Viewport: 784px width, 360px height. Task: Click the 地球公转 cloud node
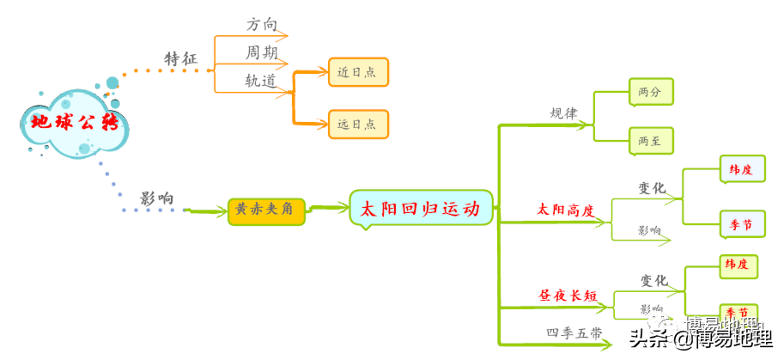click(x=73, y=122)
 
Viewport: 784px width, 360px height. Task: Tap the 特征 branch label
click(x=181, y=58)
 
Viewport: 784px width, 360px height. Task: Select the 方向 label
click(x=262, y=25)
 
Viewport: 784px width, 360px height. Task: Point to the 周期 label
click(x=262, y=52)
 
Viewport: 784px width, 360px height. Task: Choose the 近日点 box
click(x=357, y=72)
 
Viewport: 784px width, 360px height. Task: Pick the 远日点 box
click(x=357, y=124)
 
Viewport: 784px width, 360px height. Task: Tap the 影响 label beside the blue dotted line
click(x=157, y=198)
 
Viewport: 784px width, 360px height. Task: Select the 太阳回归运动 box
click(x=421, y=209)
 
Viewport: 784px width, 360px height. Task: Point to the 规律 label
click(x=564, y=113)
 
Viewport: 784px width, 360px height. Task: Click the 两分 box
click(x=649, y=91)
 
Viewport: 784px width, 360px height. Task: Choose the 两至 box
click(x=649, y=140)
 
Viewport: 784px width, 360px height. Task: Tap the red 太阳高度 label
click(x=566, y=209)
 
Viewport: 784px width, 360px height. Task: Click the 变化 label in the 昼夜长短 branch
click(x=654, y=280)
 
